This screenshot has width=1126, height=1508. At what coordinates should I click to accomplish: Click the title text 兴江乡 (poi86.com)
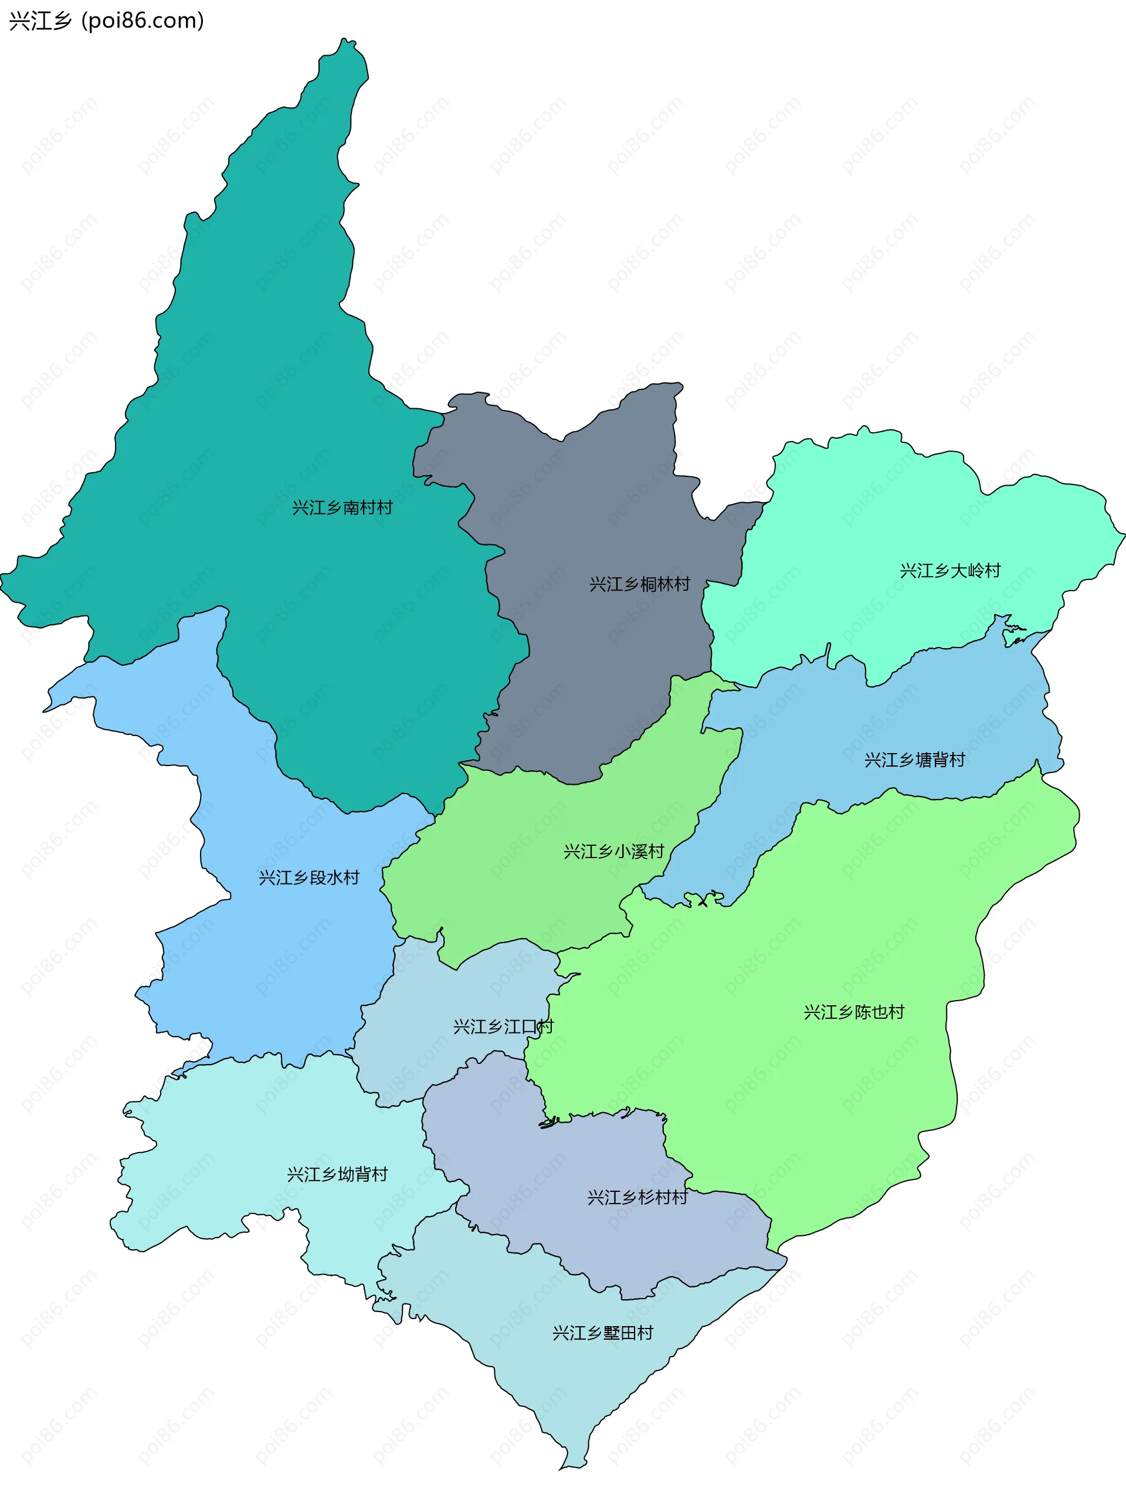coord(106,21)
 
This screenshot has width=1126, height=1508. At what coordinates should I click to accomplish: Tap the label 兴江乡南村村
coord(342,508)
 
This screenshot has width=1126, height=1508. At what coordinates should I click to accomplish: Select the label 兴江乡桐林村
coord(639,584)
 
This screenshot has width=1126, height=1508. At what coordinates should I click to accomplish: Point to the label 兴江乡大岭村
coord(950,571)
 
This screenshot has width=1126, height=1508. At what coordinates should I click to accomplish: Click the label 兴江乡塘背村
coord(915,760)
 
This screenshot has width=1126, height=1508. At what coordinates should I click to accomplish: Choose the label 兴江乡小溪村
coord(613,852)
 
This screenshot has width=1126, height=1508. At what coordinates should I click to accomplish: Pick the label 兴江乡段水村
coord(308,877)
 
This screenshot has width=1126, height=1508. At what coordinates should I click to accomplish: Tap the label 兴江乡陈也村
coord(854,1012)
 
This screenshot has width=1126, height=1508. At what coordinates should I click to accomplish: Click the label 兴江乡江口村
coord(503,1026)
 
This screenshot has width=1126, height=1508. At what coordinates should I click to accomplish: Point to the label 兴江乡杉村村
coord(637,1198)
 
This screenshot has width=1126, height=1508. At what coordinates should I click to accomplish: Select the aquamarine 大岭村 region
coord(886,518)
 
